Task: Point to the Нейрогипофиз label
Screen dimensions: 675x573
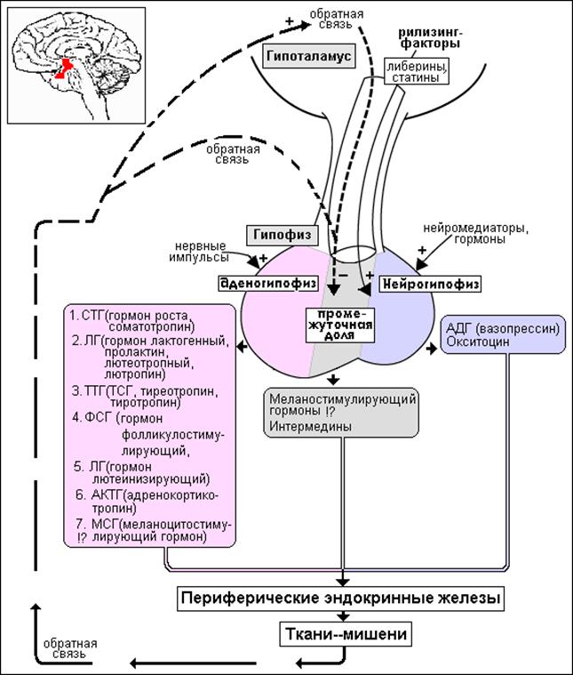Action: coord(430,284)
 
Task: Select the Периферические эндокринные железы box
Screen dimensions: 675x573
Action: coord(340,599)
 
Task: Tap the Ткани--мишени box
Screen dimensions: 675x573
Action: coord(340,635)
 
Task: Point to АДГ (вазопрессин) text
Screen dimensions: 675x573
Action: coord(501,327)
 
